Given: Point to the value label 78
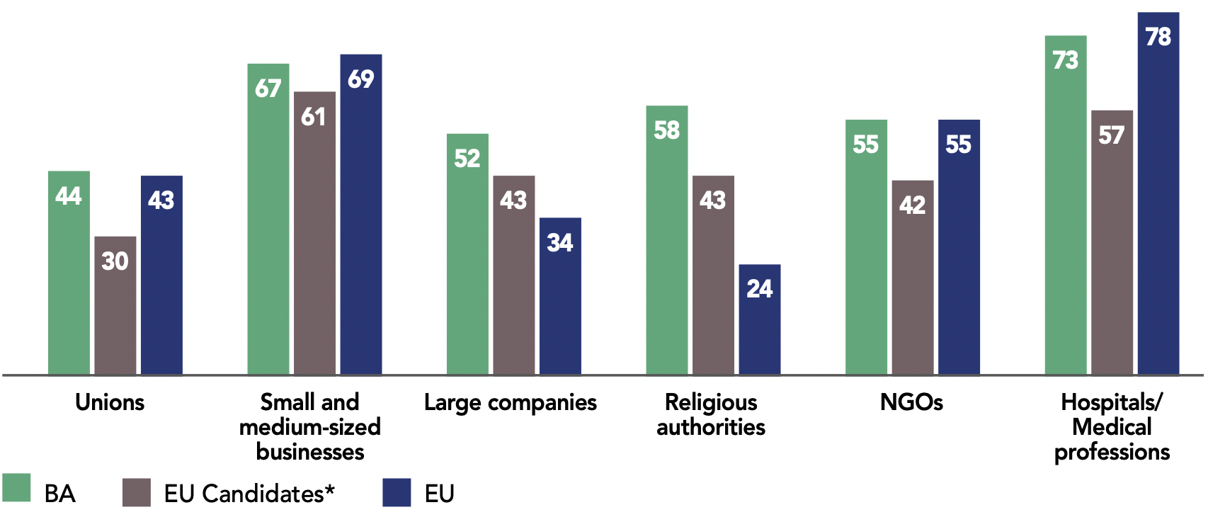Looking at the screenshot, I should (1158, 37).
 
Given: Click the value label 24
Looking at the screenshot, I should (760, 289).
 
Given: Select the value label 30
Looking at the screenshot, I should (115, 261).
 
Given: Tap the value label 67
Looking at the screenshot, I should (268, 89).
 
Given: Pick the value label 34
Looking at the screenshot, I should (560, 243).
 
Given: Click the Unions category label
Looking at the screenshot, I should (110, 402).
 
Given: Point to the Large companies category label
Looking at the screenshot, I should (511, 402).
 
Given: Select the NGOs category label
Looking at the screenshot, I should (911, 402).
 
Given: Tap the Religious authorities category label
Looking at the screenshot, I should (711, 414).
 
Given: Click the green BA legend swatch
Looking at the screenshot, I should (16, 488).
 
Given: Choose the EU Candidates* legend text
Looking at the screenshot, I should (249, 494).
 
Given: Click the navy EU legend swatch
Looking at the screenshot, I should (397, 492).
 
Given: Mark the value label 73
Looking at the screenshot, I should (1066, 60).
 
